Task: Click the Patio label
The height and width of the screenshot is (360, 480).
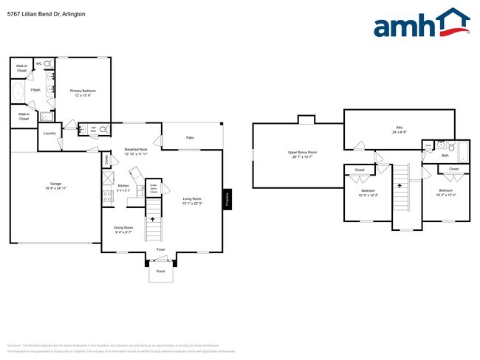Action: point(190,138)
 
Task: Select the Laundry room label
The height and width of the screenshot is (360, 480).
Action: point(49,134)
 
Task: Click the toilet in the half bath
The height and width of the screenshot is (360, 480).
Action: point(104,129)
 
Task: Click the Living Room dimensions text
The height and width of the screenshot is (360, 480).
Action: point(191,203)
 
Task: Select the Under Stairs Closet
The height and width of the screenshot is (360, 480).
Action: point(153,188)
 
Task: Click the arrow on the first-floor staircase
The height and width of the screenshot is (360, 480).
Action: point(153,218)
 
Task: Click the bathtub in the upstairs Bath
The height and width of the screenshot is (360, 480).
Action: point(463,152)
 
